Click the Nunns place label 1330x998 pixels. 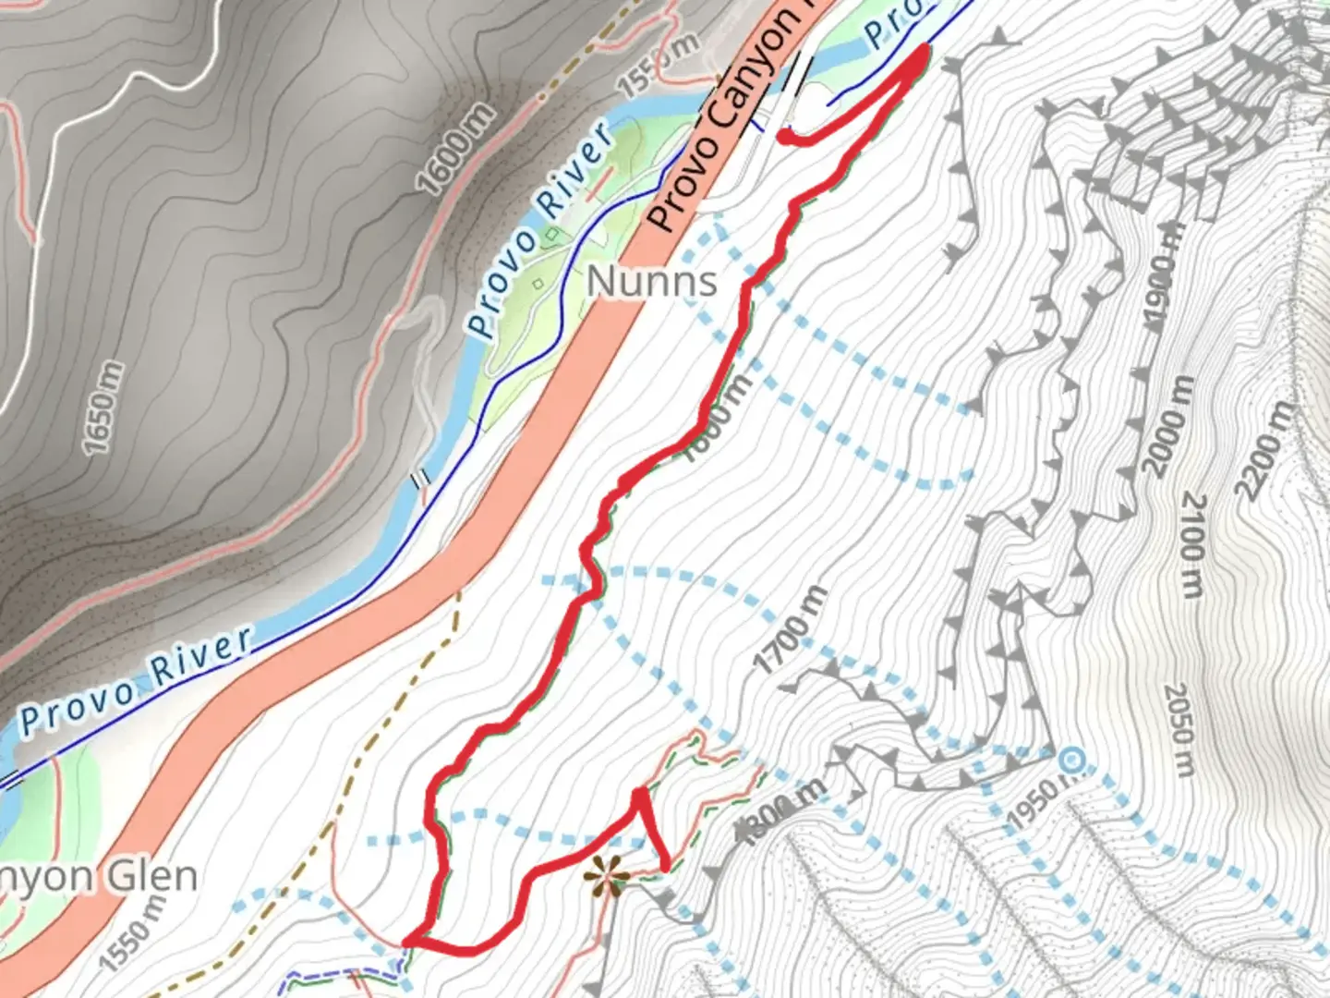(x=652, y=281)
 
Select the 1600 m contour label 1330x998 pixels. (x=456, y=150)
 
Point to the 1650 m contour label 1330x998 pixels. (x=103, y=408)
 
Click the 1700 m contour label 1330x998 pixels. (x=791, y=630)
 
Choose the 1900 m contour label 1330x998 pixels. (x=1164, y=276)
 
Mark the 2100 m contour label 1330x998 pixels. (x=1194, y=545)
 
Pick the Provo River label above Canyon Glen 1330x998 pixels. (x=136, y=679)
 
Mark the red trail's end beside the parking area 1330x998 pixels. (x=784, y=137)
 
